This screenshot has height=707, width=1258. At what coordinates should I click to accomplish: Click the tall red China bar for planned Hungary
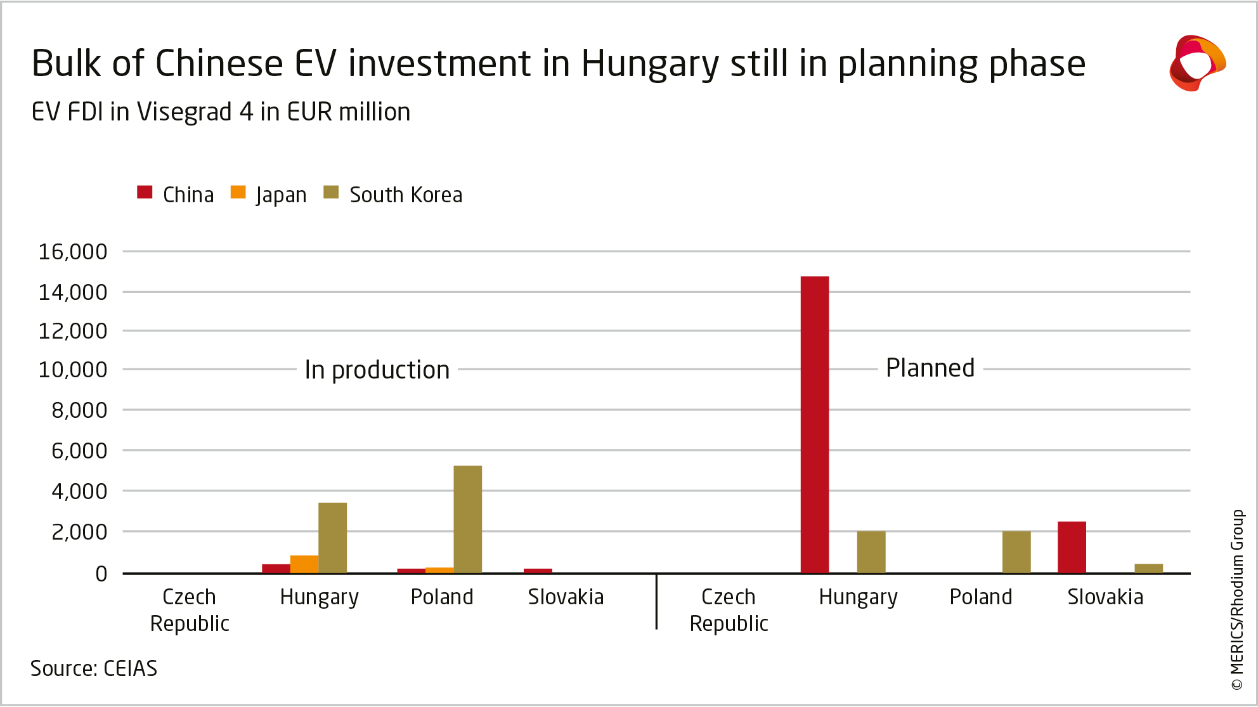tap(815, 425)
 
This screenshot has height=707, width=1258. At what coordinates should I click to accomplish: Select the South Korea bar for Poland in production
tap(467, 519)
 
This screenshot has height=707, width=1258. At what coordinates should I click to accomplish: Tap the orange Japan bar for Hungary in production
tap(304, 564)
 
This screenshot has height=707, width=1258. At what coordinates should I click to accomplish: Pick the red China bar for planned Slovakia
tap(1072, 547)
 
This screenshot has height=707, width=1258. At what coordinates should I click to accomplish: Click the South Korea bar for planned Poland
tap(1016, 552)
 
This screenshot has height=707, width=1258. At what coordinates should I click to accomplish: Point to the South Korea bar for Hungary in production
tap(332, 538)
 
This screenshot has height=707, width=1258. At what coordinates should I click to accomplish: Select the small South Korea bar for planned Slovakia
tap(1148, 568)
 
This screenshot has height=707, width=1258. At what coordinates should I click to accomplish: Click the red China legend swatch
tap(145, 193)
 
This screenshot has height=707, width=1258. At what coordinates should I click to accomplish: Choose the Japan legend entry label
tap(281, 195)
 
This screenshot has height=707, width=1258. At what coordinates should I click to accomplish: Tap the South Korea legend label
tap(406, 195)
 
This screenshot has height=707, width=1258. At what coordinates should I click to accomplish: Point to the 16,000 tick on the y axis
tap(73, 252)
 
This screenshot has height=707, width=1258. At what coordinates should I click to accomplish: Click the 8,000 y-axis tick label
tap(79, 410)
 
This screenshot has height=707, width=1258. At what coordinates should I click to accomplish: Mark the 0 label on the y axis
tap(101, 574)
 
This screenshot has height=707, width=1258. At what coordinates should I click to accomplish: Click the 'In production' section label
tap(377, 370)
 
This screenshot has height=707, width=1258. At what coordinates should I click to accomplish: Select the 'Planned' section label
tap(930, 368)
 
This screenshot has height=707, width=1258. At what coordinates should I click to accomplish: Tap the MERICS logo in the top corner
tap(1197, 63)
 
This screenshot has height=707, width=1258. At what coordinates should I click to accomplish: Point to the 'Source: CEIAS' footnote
tap(94, 668)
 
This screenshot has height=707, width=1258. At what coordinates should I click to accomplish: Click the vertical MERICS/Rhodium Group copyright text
tap(1237, 599)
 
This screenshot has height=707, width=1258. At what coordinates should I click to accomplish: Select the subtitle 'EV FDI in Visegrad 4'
tap(221, 112)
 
